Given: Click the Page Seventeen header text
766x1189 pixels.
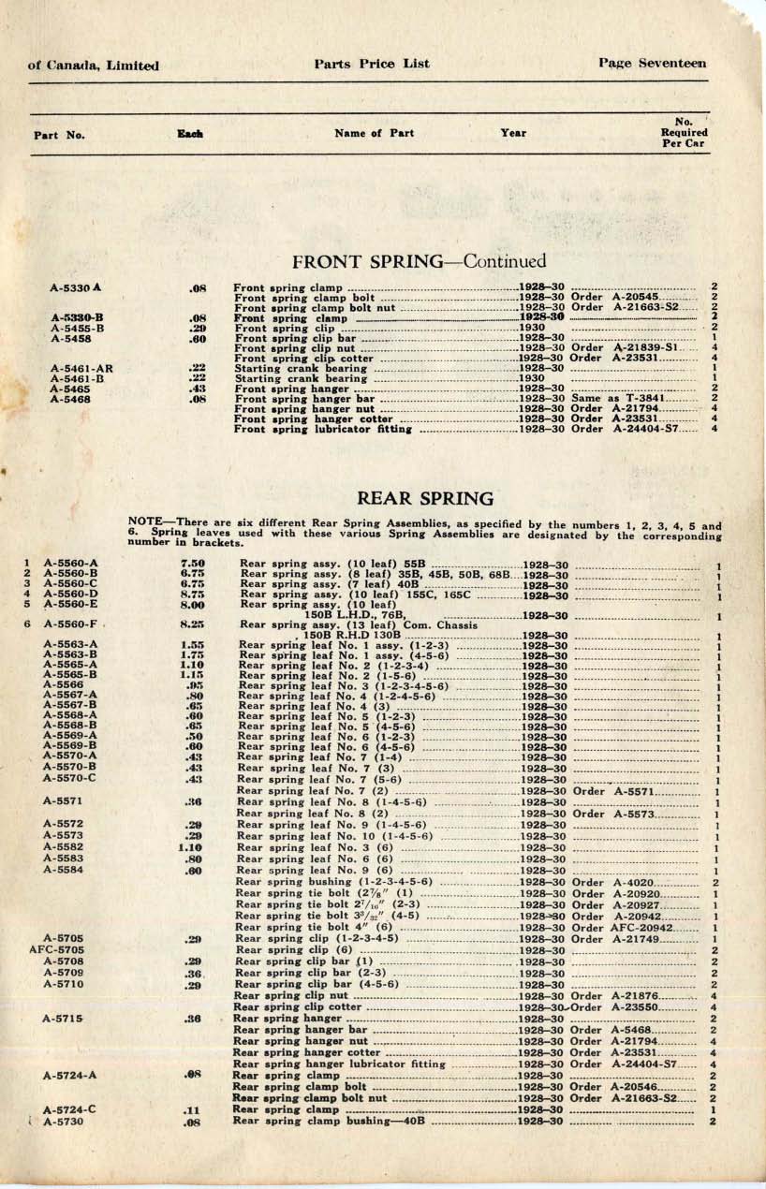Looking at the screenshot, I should click(652, 64).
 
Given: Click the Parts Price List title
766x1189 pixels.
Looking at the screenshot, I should click(372, 64).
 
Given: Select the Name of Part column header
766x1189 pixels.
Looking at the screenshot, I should click(374, 133).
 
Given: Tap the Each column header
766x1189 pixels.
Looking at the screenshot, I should click(190, 134).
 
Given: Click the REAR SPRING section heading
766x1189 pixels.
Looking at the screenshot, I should click(425, 499).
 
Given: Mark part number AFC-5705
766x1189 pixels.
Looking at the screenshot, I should click(58, 949).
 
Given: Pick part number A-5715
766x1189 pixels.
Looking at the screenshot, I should click(64, 1018).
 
